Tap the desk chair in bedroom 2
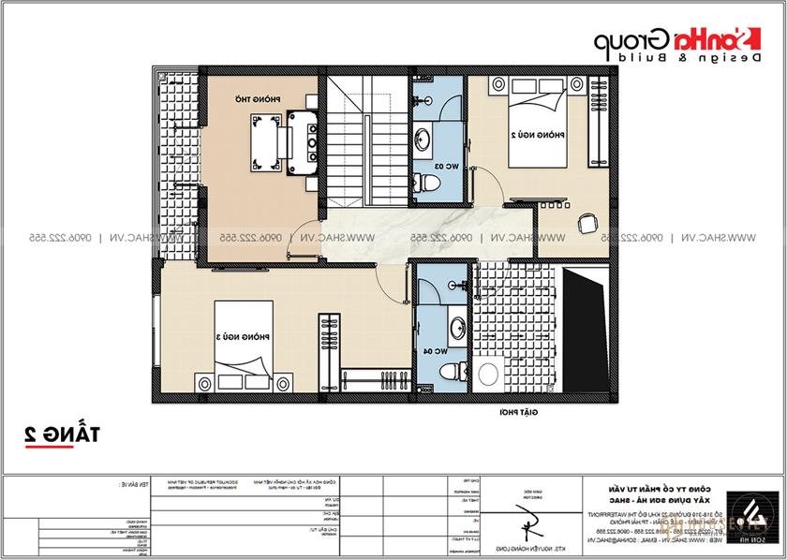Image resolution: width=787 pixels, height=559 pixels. point(587,224)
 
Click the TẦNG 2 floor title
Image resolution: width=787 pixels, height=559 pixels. point(63,433)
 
